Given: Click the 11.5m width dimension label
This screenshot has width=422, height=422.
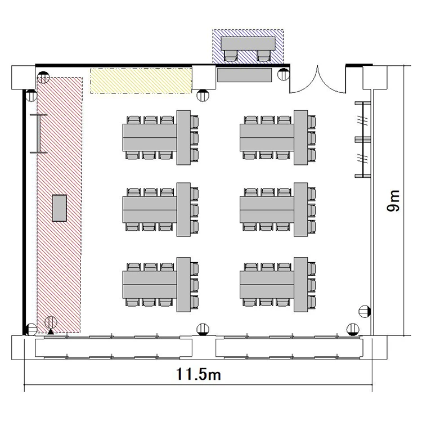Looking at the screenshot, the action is point(199,374).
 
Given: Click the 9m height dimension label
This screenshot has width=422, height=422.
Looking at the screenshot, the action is point(393,201).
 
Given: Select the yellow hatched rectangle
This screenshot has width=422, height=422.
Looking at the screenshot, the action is point(141,80).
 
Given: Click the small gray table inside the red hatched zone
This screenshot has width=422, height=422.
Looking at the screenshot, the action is point(59,208).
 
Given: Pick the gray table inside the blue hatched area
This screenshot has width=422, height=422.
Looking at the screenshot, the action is point(248,43).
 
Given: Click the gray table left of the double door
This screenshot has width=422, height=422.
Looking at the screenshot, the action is point(244,75).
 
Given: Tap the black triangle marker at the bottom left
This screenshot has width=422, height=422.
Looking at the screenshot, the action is point(51,331).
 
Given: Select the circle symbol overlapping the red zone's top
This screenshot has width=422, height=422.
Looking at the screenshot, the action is point(43,78).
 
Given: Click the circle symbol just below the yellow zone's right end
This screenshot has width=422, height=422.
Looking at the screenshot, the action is point(203,95).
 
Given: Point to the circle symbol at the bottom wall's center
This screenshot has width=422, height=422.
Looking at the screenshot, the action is point(203,329).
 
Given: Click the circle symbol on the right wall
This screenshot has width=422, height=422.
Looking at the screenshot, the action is point(365,311).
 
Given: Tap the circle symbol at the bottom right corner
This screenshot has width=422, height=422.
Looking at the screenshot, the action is point(353,329).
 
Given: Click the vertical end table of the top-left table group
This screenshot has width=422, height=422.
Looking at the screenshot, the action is point(183,137).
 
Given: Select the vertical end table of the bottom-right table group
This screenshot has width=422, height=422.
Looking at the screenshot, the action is point(300,285).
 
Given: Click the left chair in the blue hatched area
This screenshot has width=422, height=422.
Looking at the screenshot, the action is point(231,55).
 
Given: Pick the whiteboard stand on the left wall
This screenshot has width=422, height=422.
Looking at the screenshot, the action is point(38,134).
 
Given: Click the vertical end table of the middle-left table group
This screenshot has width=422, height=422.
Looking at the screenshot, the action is point(183,210).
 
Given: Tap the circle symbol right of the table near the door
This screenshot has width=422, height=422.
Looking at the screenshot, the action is point(283,74).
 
